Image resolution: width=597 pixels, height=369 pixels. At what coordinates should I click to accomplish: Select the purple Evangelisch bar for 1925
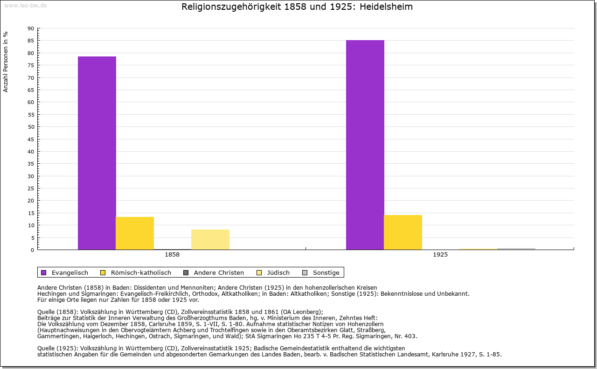pos(365,145)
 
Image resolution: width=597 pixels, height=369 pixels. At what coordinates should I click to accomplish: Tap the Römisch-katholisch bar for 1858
pos(135,233)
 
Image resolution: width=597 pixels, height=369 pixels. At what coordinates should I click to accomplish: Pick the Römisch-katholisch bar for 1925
pos(403,232)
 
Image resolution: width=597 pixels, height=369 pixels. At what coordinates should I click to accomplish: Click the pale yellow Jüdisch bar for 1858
pos(210,239)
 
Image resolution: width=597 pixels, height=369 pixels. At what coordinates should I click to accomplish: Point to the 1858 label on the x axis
pos(172,255)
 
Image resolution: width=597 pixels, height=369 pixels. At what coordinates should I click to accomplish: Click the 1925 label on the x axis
pos(440,255)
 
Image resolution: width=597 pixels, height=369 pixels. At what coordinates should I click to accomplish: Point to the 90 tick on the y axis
pos(31,28)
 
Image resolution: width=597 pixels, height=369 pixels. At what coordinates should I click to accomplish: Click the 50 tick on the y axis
pos(31,127)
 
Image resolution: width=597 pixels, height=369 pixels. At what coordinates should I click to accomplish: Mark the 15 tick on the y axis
pos(31,213)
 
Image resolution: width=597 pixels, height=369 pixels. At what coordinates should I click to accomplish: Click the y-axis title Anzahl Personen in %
pos(6,62)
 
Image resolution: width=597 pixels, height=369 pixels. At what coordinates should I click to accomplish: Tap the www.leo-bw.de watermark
pos(25,5)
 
